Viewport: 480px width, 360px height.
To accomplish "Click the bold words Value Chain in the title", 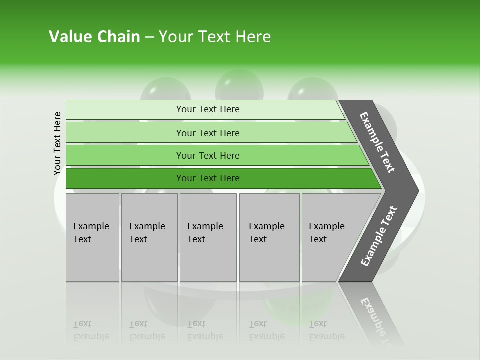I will (94, 37).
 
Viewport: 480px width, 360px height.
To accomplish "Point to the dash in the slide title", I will (149, 37).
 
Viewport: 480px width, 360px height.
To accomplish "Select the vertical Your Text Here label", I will (57, 143).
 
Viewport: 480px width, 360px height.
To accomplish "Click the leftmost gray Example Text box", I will (92, 237).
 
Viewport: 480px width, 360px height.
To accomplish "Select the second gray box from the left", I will (149, 237).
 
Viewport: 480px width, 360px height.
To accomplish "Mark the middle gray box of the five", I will (208, 237).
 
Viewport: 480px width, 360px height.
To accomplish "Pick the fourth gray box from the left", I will (269, 237).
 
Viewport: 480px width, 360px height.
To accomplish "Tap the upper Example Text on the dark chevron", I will (377, 142).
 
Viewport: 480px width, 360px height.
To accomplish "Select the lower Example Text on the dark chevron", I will (379, 236).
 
